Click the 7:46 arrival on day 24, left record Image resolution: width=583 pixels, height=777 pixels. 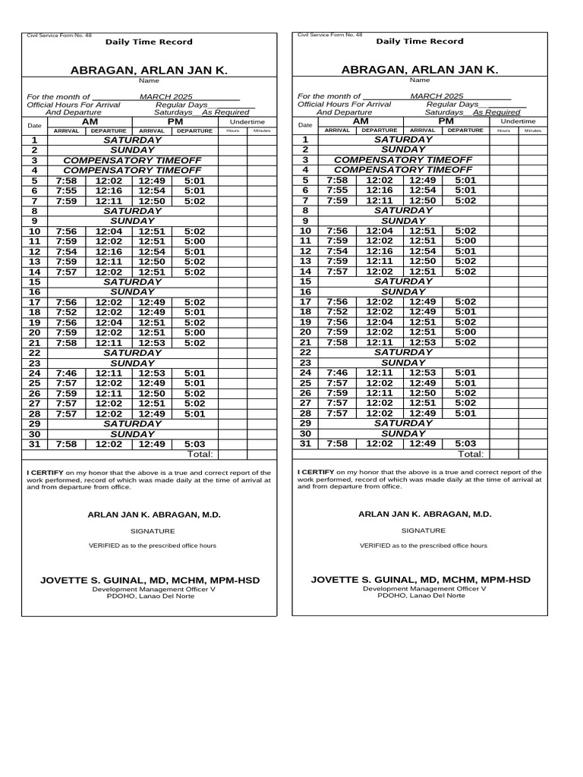click(x=66, y=373)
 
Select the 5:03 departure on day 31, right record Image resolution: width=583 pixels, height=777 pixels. click(x=465, y=444)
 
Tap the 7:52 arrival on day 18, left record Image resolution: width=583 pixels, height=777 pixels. click(x=66, y=312)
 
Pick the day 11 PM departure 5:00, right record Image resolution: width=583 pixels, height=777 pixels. click(x=465, y=241)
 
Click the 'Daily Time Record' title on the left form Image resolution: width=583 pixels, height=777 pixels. click(x=149, y=42)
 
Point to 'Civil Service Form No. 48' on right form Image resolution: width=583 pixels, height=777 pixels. click(x=330, y=35)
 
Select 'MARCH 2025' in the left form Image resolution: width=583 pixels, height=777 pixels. click(x=166, y=97)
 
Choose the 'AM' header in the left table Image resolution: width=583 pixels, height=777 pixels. click(x=90, y=121)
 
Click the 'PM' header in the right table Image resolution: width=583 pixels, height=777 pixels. click(x=446, y=121)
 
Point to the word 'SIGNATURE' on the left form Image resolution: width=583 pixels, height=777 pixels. click(x=153, y=531)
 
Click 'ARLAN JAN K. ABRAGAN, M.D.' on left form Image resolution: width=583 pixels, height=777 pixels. click(x=154, y=514)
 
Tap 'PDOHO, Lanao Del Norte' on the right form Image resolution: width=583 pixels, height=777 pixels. click(x=424, y=596)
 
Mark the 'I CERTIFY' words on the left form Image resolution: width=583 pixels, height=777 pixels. click(x=44, y=472)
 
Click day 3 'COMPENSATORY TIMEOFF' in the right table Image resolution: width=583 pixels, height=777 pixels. click(x=403, y=160)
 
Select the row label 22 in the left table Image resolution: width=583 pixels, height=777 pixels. click(x=34, y=353)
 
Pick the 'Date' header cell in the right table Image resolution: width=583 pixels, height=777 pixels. click(x=305, y=125)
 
